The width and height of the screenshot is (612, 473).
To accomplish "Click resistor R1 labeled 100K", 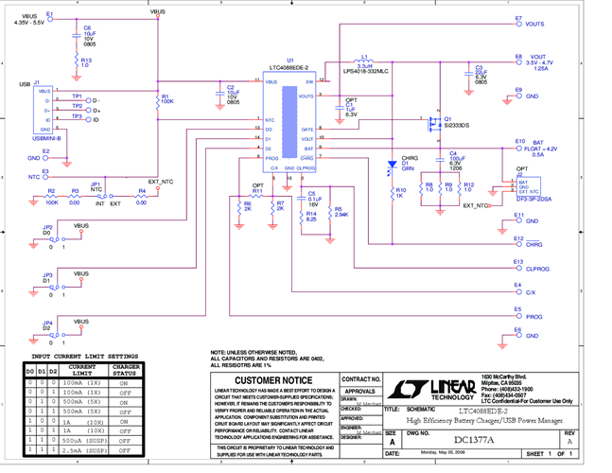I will tap(156, 99).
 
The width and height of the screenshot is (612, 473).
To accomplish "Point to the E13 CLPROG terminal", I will tap(515, 268).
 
